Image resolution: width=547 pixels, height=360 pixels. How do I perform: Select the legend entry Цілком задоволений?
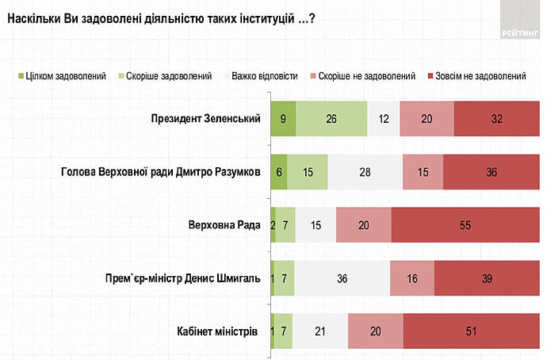(x=63, y=76)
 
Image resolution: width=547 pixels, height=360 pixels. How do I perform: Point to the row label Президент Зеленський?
(x=206, y=119)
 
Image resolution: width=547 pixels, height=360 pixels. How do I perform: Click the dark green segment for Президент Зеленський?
(x=283, y=119)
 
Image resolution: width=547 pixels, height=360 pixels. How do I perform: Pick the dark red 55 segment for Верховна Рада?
(x=465, y=224)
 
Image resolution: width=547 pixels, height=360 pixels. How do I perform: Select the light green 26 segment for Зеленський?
(x=331, y=119)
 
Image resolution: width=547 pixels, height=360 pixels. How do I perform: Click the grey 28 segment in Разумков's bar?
(x=365, y=172)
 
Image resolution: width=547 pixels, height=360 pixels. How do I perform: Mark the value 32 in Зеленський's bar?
(x=497, y=119)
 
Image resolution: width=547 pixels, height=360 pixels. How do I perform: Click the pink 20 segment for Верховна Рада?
(x=363, y=224)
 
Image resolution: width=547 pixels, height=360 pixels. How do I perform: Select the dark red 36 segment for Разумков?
(x=492, y=172)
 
